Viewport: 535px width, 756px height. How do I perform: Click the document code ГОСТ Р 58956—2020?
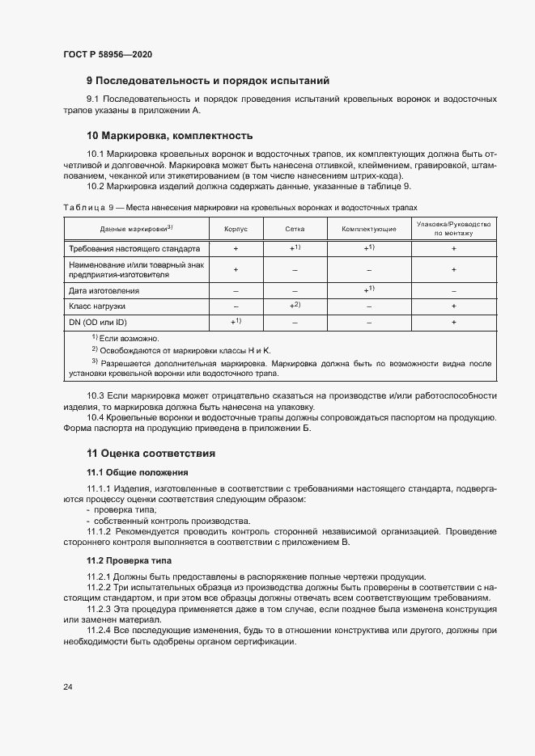[107, 54]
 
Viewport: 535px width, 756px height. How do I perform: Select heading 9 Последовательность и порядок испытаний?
[208, 80]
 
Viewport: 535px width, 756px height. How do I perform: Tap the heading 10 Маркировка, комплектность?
[170, 135]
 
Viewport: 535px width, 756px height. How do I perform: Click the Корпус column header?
[236, 229]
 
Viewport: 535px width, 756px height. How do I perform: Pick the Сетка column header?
[295, 229]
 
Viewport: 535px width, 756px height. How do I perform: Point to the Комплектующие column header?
[368, 229]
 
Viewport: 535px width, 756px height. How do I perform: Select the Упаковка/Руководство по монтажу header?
[453, 228]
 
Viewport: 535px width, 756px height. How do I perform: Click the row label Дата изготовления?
[104, 289]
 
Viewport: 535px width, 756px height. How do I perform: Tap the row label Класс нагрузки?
[97, 306]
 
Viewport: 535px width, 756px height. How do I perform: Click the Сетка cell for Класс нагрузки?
[295, 306]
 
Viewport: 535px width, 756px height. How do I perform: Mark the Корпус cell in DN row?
[236, 322]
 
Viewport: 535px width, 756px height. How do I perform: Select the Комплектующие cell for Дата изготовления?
[368, 289]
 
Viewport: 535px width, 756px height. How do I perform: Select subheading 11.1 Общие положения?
[138, 471]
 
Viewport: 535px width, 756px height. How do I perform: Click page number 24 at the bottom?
[68, 686]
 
